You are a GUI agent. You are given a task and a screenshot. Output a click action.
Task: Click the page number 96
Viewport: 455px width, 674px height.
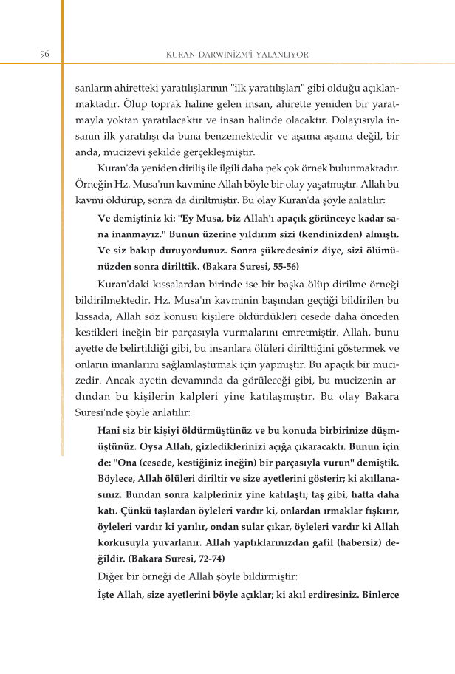44,54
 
